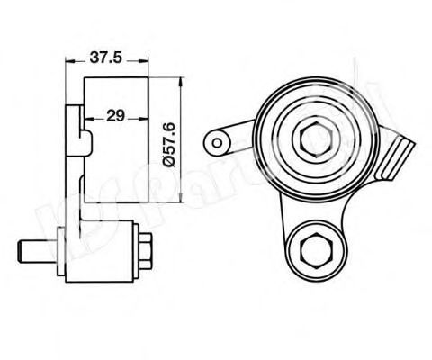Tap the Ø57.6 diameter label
(x=166, y=139)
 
